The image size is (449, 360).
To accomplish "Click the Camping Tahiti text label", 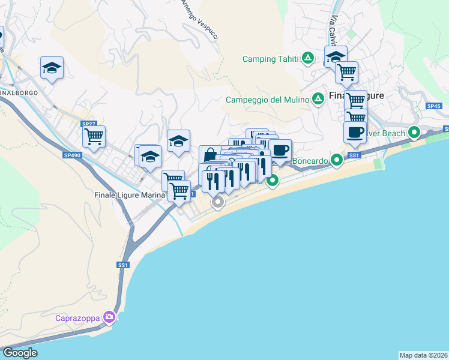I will (270, 59).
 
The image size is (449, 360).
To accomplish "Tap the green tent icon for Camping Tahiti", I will (308, 58).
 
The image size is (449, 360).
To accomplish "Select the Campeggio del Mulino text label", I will (268, 100).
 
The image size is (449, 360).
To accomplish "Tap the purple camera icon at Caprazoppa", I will (109, 317).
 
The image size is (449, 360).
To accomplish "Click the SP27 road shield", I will (89, 124).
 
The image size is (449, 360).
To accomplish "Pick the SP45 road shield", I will (433, 106).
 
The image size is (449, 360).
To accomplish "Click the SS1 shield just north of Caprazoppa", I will (123, 265).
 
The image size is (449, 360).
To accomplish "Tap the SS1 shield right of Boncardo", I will (354, 155).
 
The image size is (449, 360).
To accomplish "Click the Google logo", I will (20, 353).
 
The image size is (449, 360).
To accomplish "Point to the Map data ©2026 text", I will (423, 355).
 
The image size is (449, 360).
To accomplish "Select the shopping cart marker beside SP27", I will (94, 137).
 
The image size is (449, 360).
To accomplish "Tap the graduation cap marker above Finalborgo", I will (52, 68).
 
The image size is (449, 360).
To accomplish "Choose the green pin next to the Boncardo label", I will (337, 160).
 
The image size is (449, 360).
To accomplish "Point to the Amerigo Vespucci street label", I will (200, 20).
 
